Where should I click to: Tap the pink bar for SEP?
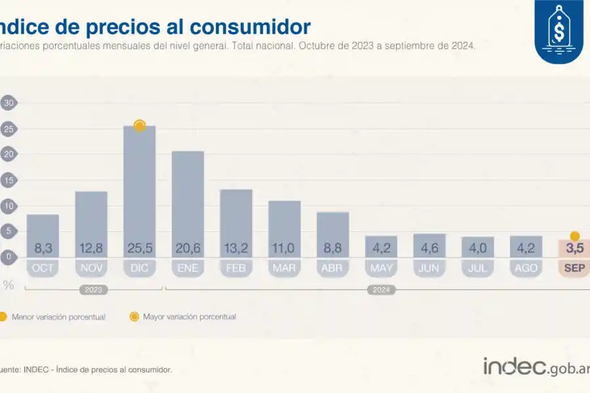click(575, 249)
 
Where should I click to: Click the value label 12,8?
click(91, 249)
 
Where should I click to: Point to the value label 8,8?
click(332, 249)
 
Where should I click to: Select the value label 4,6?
click(429, 249)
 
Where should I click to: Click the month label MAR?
click(285, 268)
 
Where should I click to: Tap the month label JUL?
click(477, 268)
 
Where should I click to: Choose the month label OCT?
click(43, 268)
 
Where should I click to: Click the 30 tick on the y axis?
click(9, 103)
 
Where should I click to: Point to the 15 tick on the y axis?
click(9, 180)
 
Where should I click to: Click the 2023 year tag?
click(93, 290)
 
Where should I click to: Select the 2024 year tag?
click(381, 290)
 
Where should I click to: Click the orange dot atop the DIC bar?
click(139, 125)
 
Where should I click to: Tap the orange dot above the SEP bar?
click(575, 236)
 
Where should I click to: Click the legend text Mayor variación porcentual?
click(189, 317)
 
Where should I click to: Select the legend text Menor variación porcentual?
click(58, 317)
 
